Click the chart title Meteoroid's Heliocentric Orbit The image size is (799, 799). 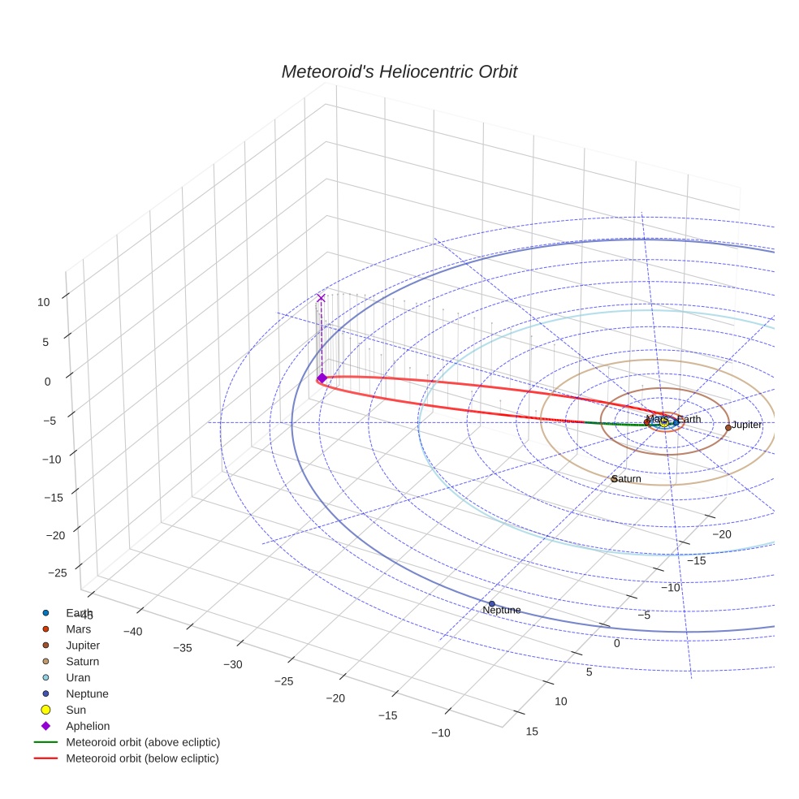coord(399,72)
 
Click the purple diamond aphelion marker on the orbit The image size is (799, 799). coord(322,378)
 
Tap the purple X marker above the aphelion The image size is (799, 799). coord(321,298)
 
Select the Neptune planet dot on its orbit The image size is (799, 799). coord(491,604)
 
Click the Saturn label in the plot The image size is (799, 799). coord(627,479)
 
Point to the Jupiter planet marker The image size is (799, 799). coord(728,427)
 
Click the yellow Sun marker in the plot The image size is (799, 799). coord(663,422)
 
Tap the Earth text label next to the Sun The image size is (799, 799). coord(689,419)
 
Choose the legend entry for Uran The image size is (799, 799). coord(78,677)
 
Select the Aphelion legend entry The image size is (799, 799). coord(88,726)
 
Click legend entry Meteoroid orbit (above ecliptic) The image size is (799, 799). coord(143,742)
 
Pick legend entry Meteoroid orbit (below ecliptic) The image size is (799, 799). coord(142,758)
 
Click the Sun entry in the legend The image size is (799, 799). coord(76,710)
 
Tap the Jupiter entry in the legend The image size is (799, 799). coord(83,645)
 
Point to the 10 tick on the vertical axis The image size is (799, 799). coord(43,301)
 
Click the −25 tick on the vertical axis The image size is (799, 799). coord(58,572)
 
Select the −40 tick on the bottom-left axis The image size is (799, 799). coord(132,631)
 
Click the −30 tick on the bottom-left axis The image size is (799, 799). coord(231,664)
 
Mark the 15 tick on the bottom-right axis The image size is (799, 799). coord(532,731)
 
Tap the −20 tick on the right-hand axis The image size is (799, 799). coord(723,533)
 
